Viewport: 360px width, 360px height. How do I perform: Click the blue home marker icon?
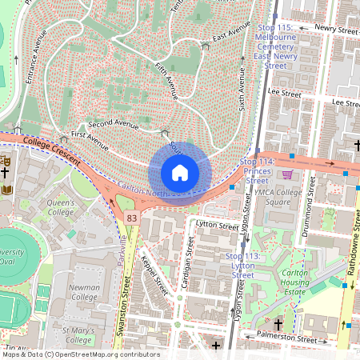(x=180, y=172)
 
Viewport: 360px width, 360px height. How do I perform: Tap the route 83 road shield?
(x=129, y=218)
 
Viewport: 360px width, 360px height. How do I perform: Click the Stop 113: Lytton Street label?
(x=232, y=265)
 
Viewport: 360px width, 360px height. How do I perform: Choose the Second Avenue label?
(x=110, y=124)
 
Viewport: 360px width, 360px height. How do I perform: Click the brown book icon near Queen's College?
(x=6, y=190)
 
